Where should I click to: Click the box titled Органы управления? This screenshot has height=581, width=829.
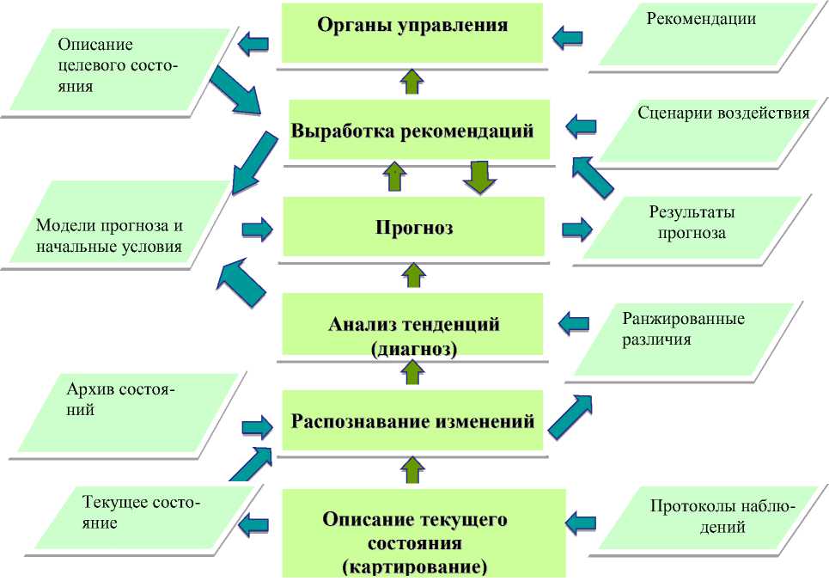click(412, 32)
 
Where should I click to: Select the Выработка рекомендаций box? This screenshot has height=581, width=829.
click(412, 131)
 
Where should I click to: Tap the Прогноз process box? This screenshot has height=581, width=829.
click(413, 227)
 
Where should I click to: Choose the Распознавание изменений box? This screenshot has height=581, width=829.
click(412, 421)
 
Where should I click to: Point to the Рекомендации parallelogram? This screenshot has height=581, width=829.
click(704, 34)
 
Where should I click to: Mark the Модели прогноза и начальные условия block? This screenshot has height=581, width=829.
click(112, 234)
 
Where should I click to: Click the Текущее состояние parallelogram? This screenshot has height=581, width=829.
click(142, 513)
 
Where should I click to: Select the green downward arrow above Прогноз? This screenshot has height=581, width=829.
click(475, 177)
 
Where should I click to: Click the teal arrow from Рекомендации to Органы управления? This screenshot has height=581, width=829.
click(567, 36)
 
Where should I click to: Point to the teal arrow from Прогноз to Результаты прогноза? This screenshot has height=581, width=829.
click(577, 229)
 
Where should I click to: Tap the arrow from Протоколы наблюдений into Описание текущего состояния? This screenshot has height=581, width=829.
click(582, 522)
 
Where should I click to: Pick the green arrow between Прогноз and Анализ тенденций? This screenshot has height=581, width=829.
click(413, 276)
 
